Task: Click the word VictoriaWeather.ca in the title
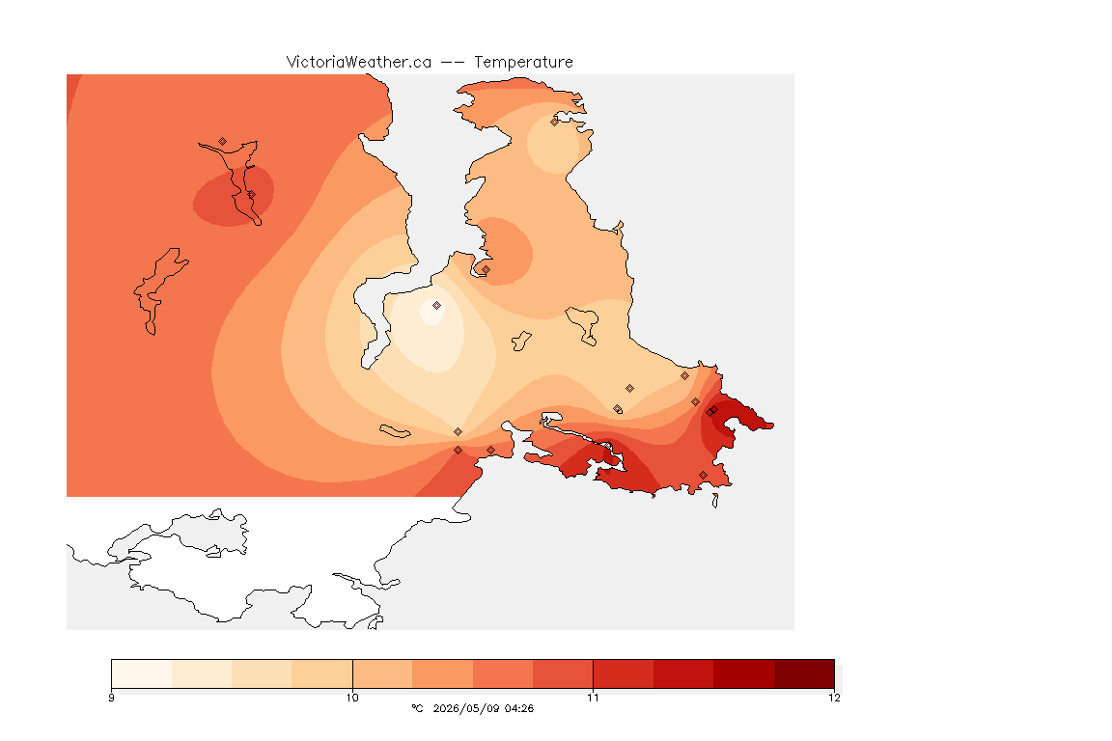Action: coord(359,63)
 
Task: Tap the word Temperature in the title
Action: coord(523,63)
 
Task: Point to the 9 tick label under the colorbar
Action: coord(111,698)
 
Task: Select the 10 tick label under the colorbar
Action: coord(352,698)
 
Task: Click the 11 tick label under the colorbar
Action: coord(593,698)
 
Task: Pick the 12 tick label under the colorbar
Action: coord(834,698)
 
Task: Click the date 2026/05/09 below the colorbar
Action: coord(463,708)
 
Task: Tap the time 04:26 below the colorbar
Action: coord(519,708)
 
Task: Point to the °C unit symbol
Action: coord(417,708)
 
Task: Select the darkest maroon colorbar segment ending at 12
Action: coord(804,673)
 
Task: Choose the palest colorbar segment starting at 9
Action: coord(142,673)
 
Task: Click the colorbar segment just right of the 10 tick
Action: coord(382,673)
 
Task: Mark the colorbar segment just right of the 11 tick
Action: coord(624,673)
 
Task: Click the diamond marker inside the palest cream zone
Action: coord(437,306)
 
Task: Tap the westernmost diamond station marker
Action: coord(223,142)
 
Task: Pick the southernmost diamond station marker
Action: coord(703,475)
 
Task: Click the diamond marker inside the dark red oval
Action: coord(251,194)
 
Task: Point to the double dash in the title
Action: coord(453,63)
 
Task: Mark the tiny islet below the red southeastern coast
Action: coord(715,501)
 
